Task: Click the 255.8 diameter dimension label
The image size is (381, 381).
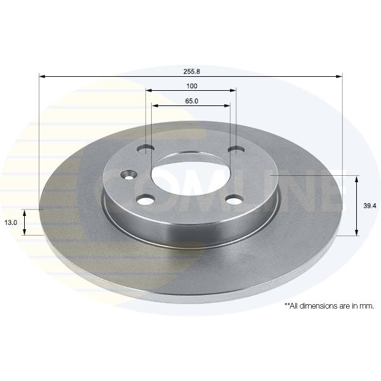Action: (192, 71)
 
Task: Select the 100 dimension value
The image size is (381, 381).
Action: (192, 86)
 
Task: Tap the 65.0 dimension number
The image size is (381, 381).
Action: (192, 100)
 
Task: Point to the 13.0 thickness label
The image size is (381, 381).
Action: (11, 222)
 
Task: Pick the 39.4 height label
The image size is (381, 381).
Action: (370, 206)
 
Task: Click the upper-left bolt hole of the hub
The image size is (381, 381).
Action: (146, 149)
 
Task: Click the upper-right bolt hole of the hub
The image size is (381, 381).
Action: (236, 149)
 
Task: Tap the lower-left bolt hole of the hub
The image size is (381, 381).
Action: (146, 200)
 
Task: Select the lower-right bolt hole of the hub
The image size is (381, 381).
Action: (234, 200)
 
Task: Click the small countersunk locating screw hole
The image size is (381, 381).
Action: (128, 175)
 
